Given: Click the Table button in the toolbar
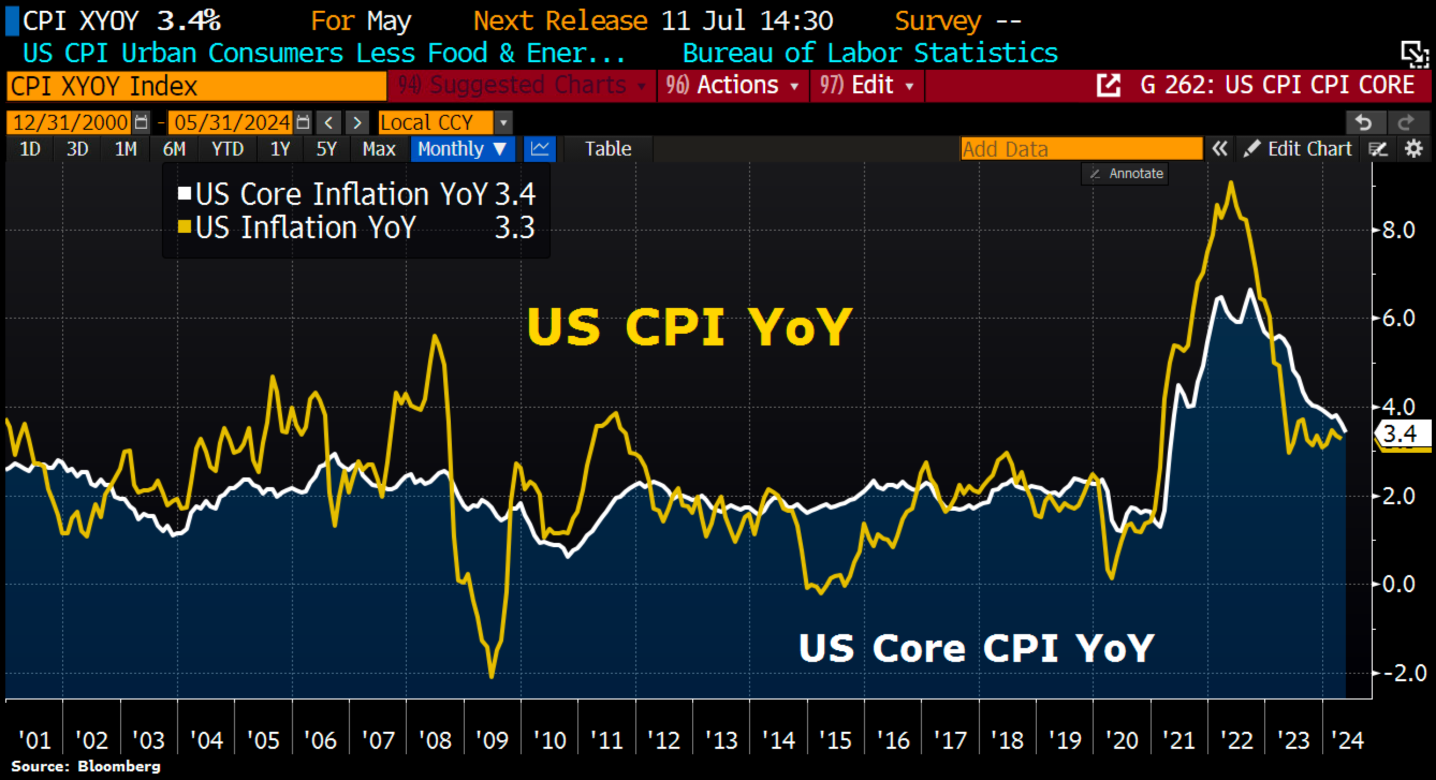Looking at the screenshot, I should pos(607,149).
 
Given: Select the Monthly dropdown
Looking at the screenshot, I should pos(461,149).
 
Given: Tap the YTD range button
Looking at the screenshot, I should pos(228,149).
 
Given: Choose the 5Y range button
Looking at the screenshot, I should pos(326,149).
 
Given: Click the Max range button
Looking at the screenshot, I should pos(378,149).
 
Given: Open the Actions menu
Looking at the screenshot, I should pos(732,85).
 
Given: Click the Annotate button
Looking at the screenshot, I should pos(1126,174).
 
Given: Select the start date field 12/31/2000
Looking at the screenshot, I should pos(70,122).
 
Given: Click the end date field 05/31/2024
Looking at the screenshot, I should pos(232,122).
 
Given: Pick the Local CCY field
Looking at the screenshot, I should pos(435,122).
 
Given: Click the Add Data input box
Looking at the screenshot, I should pos(1081,149).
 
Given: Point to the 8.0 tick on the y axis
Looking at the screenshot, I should pos(1398,230).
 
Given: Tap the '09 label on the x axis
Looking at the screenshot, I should pos(492,740).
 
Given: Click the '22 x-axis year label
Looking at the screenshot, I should pos(1236,740).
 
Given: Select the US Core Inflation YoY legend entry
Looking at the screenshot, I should pos(341,194).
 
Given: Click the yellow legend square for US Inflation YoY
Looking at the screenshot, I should pos(184,227).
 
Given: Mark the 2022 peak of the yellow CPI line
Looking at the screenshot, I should pos(1230,183).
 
